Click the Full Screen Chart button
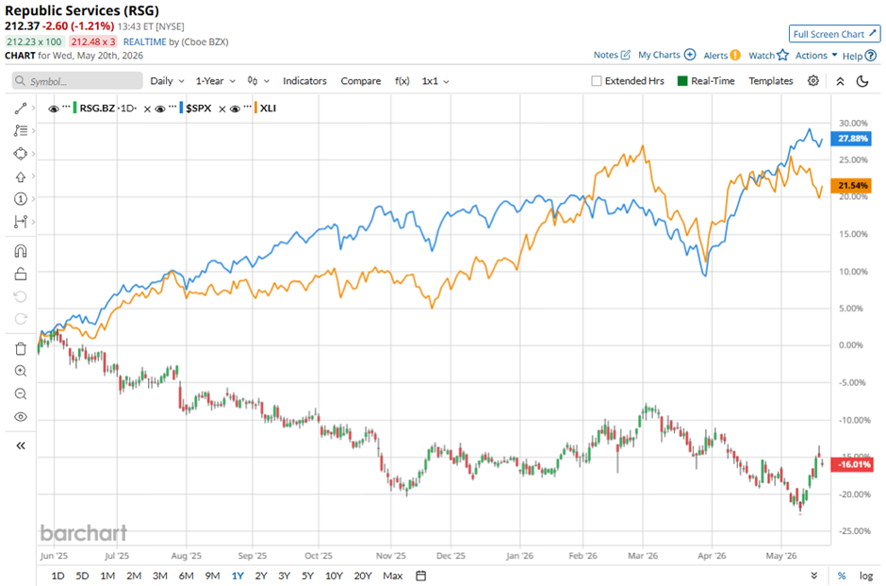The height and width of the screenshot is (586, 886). (x=834, y=34)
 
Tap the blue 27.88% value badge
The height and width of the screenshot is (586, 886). (x=851, y=139)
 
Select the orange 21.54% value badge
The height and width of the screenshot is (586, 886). (x=851, y=186)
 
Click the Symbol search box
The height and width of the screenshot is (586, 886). (x=77, y=81)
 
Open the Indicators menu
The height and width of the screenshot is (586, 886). (x=304, y=81)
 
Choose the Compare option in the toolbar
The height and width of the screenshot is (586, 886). (x=360, y=81)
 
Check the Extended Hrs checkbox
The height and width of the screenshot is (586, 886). (x=596, y=81)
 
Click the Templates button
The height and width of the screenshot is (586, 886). (x=771, y=81)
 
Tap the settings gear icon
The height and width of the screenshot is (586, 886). (x=813, y=81)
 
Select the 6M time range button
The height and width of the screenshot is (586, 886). (x=186, y=576)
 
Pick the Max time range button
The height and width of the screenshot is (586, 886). (x=393, y=576)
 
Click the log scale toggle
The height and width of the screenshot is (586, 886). (x=866, y=576)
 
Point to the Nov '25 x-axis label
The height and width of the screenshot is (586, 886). (x=391, y=556)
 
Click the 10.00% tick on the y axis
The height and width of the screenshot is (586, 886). (x=853, y=272)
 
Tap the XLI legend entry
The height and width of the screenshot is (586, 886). (x=268, y=108)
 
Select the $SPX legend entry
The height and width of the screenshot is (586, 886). (x=198, y=108)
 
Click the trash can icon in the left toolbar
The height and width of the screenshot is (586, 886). (x=21, y=348)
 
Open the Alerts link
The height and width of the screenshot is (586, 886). (x=722, y=55)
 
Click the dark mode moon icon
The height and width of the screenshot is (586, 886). (x=862, y=81)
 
